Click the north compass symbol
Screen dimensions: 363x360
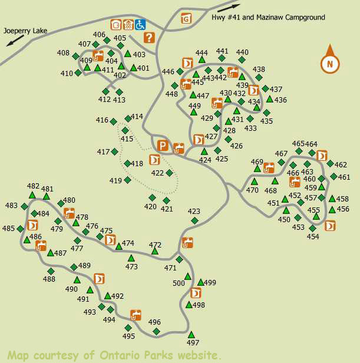pos(329,61)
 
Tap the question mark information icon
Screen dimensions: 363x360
pos(149,38)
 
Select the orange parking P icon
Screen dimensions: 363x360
pos(163,146)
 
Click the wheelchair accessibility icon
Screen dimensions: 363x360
pos(140,25)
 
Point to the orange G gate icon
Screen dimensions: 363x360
pos(186,18)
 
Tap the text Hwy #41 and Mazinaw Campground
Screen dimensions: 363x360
pos(268,18)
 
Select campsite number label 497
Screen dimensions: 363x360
pos(193,342)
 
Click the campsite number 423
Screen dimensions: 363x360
pos(194,212)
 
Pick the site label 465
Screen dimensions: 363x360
pos(298,144)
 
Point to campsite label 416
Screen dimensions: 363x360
pos(103,120)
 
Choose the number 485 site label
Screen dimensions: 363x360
pos(8,229)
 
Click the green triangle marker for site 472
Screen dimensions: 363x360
pos(155,251)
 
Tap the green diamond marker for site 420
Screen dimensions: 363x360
pos(152,197)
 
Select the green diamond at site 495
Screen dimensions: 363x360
pos(128,328)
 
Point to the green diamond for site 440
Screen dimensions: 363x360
pos(243,60)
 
